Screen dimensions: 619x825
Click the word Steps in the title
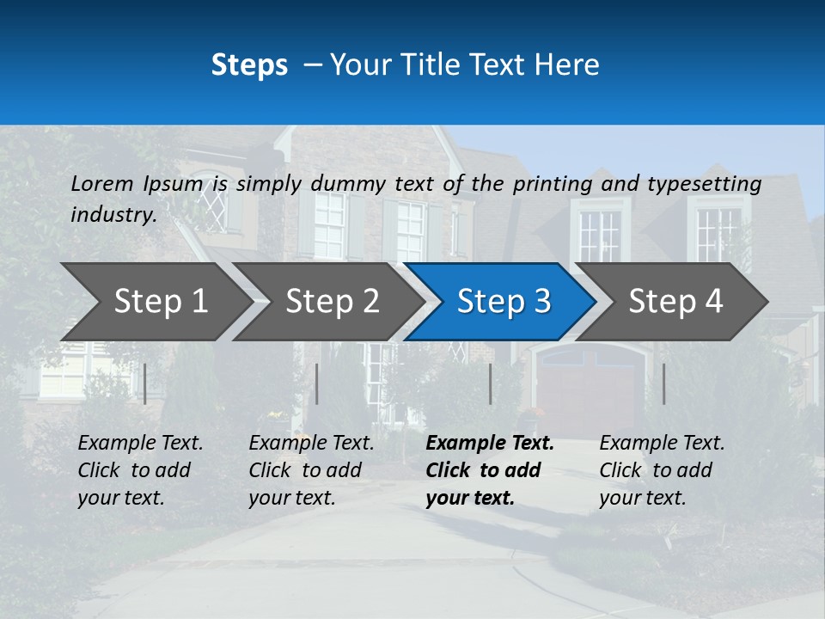249,65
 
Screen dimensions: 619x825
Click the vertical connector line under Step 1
145,383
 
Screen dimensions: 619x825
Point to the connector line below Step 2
317,383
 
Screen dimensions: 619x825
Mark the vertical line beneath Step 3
490,383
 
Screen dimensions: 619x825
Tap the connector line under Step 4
663,383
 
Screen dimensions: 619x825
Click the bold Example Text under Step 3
490,470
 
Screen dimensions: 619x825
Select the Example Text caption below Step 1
140,470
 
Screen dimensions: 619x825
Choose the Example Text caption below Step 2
311,470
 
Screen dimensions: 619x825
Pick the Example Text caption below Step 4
662,470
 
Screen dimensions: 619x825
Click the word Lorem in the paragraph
102,183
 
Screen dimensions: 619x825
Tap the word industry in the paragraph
113,215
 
